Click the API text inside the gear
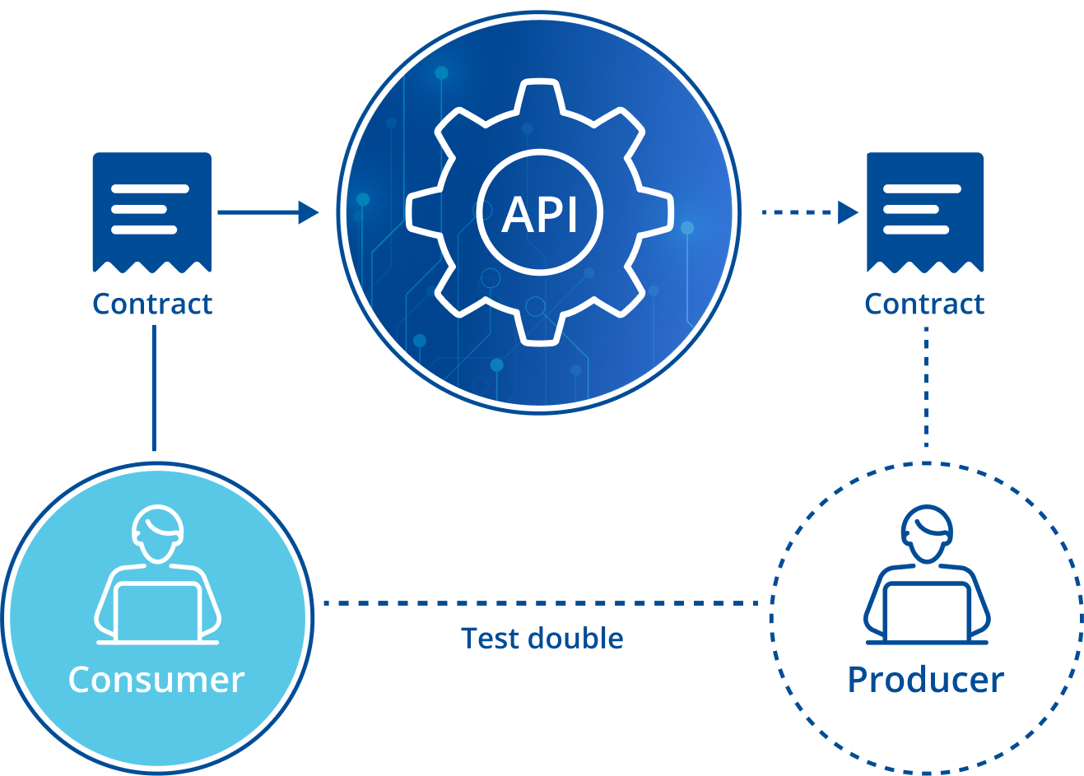[x=540, y=213]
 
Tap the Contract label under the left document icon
[x=152, y=304]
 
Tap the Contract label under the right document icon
[x=924, y=304]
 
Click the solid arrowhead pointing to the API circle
[x=309, y=212]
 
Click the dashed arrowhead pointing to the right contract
[x=848, y=212]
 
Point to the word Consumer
[x=156, y=680]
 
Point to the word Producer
[x=926, y=680]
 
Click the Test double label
[x=542, y=639]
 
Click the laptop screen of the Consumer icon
[x=157, y=611]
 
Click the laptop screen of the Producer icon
[x=927, y=611]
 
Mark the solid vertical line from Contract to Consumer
[x=154, y=387]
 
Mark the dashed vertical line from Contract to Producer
[x=927, y=387]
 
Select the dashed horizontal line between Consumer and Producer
[x=539, y=603]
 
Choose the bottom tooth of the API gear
[x=540, y=328]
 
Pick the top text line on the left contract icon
[x=150, y=188]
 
